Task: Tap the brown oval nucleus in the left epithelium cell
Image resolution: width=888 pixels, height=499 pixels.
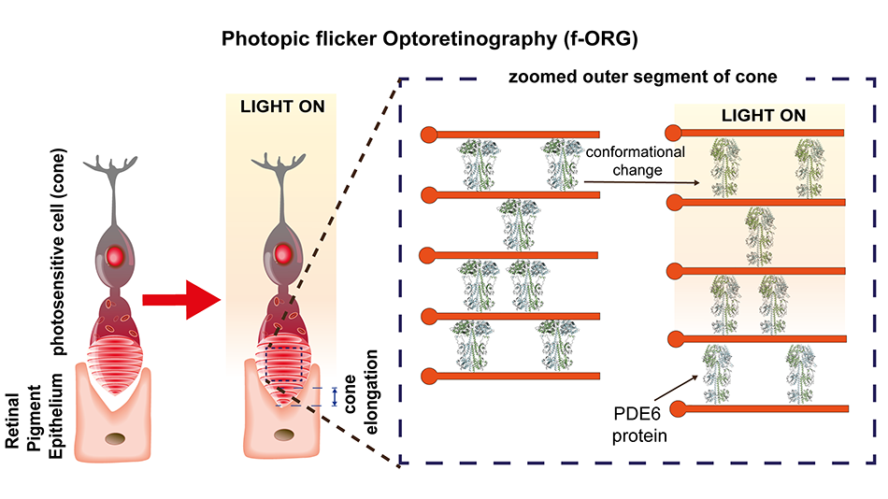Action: coord(119,439)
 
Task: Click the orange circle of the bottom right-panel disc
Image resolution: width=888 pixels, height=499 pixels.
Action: coord(680,408)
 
